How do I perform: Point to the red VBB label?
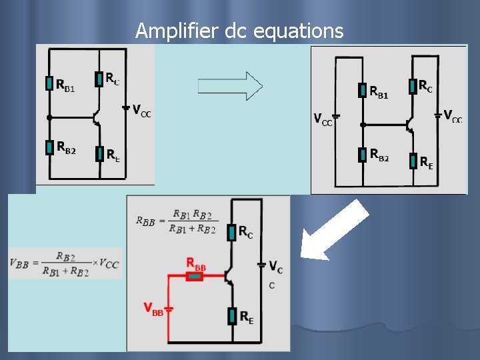(153, 308)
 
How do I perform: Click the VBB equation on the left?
(65, 263)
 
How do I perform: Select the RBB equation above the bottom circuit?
(175, 221)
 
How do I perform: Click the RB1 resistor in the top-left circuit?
(49, 83)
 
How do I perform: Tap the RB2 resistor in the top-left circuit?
(49, 147)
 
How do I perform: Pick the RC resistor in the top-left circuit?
(99, 78)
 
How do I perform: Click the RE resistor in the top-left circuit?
(99, 155)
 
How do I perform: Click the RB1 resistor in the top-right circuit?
(362, 91)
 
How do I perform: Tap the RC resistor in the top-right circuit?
(413, 86)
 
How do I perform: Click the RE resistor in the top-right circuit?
(413, 161)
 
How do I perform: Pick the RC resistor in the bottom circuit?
(231, 232)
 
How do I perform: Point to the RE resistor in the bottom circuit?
(231, 316)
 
